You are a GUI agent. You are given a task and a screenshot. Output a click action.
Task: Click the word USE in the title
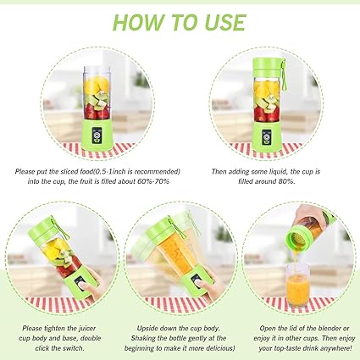[x=225, y=22]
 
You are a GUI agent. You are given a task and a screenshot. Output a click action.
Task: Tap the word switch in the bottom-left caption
[x=74, y=348]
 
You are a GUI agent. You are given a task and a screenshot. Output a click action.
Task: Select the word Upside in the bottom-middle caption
[x=147, y=329]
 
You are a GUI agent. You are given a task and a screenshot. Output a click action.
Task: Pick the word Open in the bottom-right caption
[x=268, y=329]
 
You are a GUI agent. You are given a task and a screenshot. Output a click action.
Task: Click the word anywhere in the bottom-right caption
[x=335, y=348]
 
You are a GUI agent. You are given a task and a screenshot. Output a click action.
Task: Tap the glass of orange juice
[x=297, y=285]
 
